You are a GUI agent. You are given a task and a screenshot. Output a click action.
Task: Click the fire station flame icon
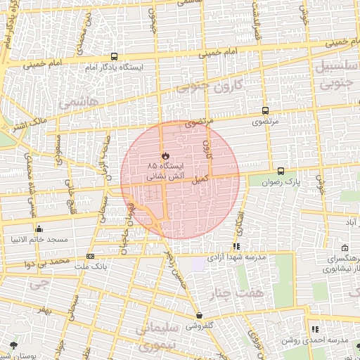(165, 155)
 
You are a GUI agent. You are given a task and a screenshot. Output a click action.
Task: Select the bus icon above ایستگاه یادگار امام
(114, 58)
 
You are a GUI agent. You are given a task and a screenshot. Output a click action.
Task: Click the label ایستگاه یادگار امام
(114, 67)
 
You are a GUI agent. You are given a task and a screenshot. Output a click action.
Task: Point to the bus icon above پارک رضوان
(281, 171)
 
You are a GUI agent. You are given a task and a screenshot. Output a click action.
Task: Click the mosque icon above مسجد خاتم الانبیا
(39, 229)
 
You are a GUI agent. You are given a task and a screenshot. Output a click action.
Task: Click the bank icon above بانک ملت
(90, 257)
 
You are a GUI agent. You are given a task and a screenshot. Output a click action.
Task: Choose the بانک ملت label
(91, 267)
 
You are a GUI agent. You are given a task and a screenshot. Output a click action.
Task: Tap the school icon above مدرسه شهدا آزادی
(236, 247)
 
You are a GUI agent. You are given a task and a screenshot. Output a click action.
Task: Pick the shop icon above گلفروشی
(200, 316)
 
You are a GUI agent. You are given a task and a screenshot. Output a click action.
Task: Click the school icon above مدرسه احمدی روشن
(314, 329)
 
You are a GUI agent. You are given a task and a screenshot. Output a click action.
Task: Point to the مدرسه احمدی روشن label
(315, 340)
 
